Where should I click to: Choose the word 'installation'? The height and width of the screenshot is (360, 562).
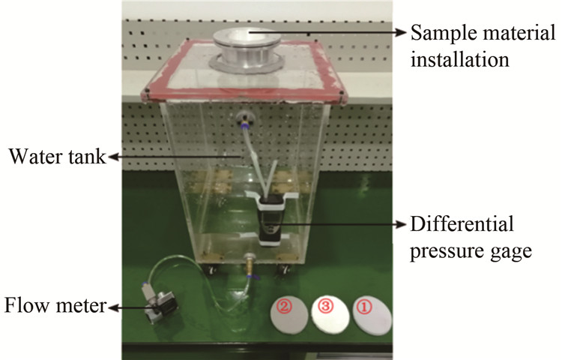[461, 58]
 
